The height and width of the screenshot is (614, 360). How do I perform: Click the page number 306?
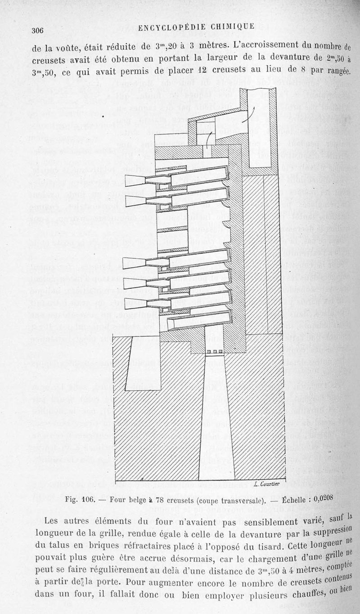click(37, 30)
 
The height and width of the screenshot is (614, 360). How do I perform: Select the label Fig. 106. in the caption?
click(80, 500)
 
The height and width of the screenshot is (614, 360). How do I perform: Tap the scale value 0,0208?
click(323, 498)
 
